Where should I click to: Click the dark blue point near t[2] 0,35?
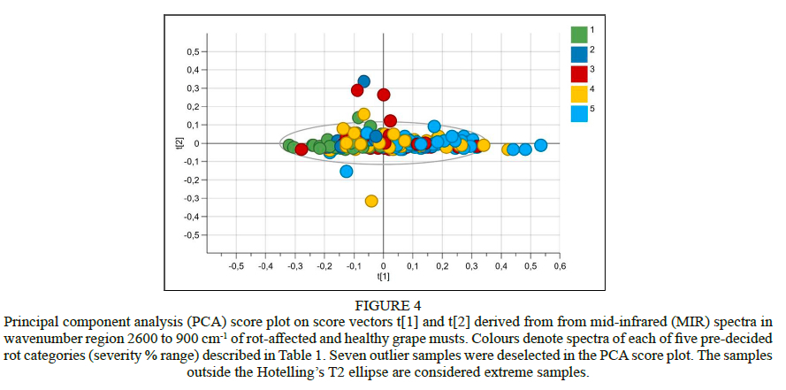coord(363,80)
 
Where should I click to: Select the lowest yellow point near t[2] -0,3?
coord(371,201)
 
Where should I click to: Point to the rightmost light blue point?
coord(540,145)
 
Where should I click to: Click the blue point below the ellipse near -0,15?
coord(347,171)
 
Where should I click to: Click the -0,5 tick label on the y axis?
coord(190,235)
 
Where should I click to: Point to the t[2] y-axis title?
coord(179,143)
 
